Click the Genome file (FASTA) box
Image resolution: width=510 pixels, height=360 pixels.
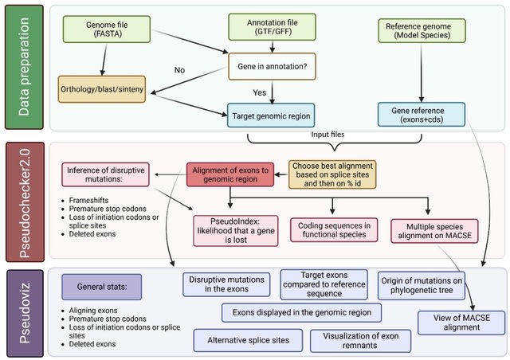[101, 29]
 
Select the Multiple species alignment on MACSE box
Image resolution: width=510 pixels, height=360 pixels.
[433, 230]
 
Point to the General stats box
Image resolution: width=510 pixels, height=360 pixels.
[101, 286]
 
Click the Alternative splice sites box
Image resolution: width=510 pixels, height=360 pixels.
[248, 341]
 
